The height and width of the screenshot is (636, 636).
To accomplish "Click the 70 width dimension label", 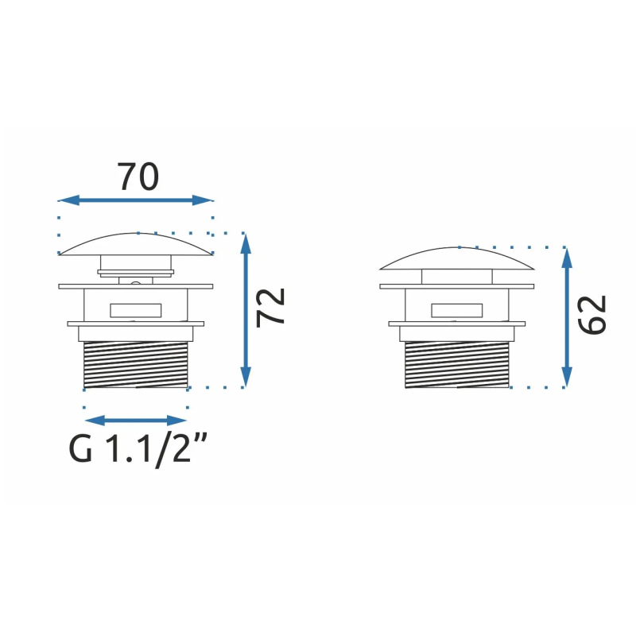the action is [x=138, y=176].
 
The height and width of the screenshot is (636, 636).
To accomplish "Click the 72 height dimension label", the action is [x=270, y=307].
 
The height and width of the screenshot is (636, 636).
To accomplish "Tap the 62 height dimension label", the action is [x=591, y=315].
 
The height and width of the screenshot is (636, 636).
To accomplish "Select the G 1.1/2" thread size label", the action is [x=138, y=449].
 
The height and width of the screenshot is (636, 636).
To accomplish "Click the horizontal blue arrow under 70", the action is [x=135, y=200].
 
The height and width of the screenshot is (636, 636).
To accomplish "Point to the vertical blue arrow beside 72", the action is [x=246, y=310].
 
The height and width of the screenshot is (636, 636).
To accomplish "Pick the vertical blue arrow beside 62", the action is [x=567, y=317].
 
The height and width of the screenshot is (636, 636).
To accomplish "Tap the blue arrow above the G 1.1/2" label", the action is [x=135, y=421].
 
